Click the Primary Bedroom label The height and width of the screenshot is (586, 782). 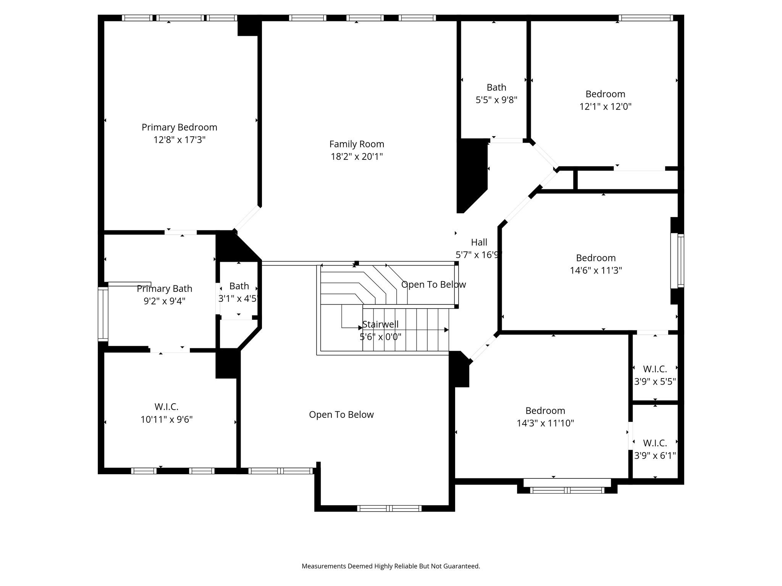pos(179,127)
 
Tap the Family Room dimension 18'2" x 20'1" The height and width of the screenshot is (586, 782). pos(357,156)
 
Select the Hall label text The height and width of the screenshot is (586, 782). pos(479,242)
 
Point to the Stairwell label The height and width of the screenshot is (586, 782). pos(380,324)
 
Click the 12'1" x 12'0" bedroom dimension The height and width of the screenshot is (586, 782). pos(605,106)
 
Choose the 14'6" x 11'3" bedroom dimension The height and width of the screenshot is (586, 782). pos(596,270)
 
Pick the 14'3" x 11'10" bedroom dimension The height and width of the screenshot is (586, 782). pos(545,423)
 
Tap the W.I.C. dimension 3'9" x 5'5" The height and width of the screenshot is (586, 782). pos(655,382)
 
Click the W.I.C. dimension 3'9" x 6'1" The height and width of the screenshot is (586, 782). pos(655,456)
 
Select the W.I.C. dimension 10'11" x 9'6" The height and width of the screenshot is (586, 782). pos(166,420)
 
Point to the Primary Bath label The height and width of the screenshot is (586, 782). pos(165,289)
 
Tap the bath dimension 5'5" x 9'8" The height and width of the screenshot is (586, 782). pos(496,100)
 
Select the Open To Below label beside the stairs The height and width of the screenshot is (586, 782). pos(433,285)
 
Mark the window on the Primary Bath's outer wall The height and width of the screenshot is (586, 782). pos(103,314)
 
